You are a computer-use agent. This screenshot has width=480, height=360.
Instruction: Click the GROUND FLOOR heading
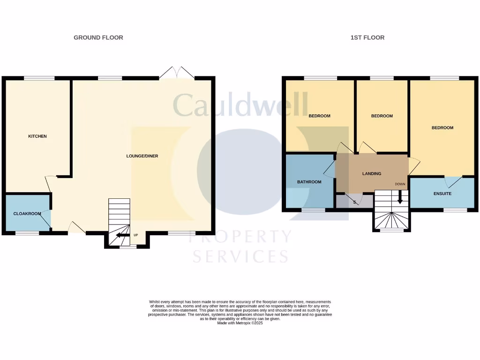tap(98, 37)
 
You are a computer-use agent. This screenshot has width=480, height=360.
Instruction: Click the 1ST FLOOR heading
tap(367, 37)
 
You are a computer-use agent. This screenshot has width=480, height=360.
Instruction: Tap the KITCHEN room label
tap(37, 136)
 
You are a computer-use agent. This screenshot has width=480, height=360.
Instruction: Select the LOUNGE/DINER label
tap(142, 156)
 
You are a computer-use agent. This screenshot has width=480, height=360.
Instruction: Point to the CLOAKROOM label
tap(27, 214)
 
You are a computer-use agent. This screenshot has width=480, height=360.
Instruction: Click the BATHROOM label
tap(309, 182)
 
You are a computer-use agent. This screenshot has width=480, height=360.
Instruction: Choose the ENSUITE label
tap(442, 194)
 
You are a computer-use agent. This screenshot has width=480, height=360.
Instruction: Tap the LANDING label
tap(372, 173)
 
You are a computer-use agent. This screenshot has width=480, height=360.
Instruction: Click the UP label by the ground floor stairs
tap(136, 235)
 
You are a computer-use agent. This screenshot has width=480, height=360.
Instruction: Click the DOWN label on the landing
tap(400, 184)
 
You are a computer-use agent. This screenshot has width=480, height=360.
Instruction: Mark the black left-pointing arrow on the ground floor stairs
tap(122, 235)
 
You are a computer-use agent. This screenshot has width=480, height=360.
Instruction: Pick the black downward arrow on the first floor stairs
tap(400, 197)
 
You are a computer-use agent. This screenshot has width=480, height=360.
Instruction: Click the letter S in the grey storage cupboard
tap(354, 202)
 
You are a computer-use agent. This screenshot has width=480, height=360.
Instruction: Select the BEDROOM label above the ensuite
tap(442, 127)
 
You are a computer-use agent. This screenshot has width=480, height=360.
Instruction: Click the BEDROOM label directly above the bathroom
tap(319, 116)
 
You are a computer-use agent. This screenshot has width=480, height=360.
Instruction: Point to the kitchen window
tap(39, 78)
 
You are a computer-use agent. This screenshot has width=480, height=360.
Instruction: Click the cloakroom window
tap(27, 233)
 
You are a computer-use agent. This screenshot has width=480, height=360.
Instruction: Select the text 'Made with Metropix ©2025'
tap(240, 323)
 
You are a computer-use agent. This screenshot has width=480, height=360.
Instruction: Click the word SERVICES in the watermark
tap(240, 256)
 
